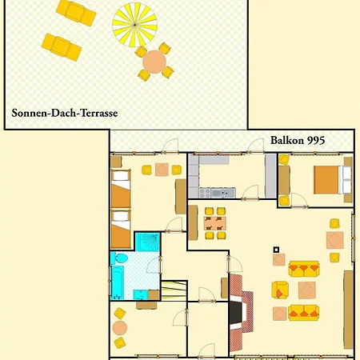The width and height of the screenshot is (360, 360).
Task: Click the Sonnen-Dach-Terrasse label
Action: pos(65,113)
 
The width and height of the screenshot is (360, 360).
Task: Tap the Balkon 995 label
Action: pos(298,140)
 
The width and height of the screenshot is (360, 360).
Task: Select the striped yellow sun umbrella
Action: pos(134,25)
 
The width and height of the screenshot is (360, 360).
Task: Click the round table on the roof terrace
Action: pos(154,62)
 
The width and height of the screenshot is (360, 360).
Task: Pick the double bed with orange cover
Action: pos(333,180)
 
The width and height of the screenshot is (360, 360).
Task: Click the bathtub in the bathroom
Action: pos(118,282)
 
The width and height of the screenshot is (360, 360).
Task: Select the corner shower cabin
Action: pos(148,242)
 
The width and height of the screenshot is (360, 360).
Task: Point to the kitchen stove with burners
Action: pos(205,193)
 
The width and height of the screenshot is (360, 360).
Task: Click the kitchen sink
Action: pos(223,193)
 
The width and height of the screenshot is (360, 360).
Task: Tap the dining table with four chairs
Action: pos(215,223)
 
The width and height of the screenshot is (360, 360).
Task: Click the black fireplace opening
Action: pos(236,313)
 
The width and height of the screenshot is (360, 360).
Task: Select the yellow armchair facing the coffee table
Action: pos(280,290)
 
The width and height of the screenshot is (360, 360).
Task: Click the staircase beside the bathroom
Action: pos(174,290)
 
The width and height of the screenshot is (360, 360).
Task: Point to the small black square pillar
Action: pos(276,250)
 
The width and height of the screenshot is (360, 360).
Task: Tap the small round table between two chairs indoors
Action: pos(120,328)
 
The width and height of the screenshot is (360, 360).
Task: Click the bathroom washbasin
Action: pos(141,294)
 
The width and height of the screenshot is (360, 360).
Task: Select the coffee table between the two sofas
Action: pos(307,290)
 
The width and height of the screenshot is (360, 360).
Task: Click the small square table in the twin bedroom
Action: pos(162,170)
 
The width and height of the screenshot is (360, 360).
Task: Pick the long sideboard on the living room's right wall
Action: pos(349,310)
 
